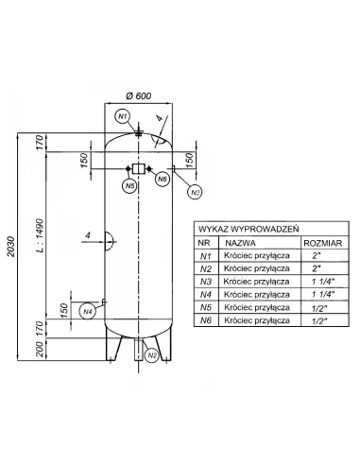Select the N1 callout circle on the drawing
(x=122, y=116)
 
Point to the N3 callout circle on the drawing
(x=196, y=193)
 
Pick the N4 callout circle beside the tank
(x=88, y=310)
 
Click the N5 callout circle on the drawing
(x=129, y=186)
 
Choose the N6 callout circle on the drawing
(x=162, y=178)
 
